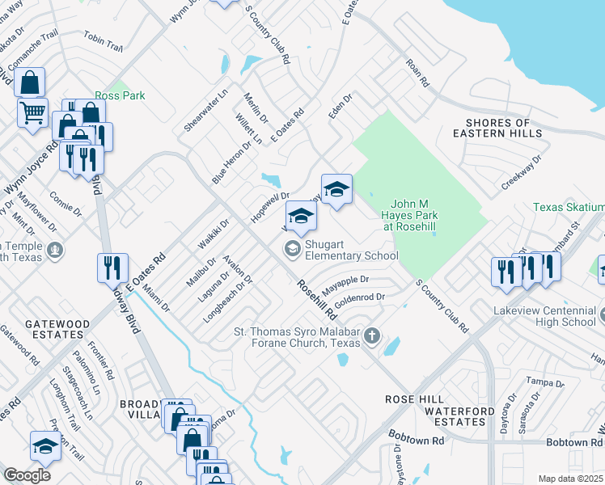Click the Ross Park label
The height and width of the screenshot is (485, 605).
[x=120, y=95]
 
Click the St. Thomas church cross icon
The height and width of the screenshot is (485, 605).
[x=372, y=336]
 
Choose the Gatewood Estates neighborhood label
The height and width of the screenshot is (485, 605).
[x=57, y=330]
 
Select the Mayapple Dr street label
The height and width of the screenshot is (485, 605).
[x=345, y=284]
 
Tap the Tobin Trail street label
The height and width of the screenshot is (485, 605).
[x=103, y=42]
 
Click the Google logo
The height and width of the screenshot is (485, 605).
[x=27, y=474]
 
